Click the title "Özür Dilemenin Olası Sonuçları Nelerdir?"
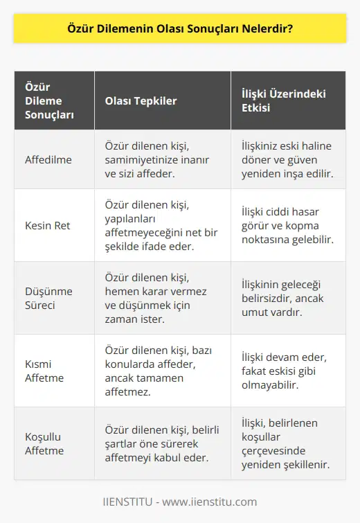tap(180, 29)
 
